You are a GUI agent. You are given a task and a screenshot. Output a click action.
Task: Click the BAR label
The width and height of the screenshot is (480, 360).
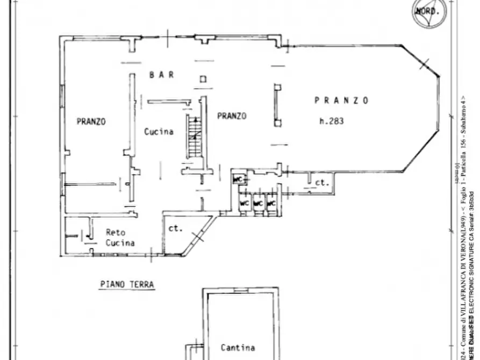161,75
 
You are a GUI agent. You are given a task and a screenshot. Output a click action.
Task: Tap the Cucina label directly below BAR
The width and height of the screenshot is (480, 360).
159,131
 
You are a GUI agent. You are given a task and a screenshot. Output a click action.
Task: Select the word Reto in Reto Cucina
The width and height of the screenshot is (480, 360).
115,232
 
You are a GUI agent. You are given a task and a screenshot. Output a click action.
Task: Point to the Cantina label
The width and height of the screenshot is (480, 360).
238,348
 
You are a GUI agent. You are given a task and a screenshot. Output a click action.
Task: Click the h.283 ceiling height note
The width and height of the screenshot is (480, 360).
331,121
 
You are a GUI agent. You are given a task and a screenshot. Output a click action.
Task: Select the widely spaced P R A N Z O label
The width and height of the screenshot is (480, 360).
341,100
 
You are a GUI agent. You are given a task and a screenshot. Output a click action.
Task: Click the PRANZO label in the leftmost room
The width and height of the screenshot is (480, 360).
91,121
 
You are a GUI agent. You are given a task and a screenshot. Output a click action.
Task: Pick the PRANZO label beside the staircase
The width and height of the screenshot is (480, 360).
232,116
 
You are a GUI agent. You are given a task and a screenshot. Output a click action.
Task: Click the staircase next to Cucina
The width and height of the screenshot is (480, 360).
194,137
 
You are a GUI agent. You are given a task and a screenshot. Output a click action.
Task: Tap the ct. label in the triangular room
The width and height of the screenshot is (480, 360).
176,228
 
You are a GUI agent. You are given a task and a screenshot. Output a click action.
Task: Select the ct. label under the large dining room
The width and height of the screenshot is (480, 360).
321,183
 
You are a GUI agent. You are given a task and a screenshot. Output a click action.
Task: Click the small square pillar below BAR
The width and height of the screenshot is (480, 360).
203,80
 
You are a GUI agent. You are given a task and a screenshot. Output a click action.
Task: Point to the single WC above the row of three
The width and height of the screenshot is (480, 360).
237,179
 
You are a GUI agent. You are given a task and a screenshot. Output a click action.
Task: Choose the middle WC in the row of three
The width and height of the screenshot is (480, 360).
258,204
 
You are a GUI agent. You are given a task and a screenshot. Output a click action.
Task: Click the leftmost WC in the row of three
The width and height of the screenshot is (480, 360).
244,204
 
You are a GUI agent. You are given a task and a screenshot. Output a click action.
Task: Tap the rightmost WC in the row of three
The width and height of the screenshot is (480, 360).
271,204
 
